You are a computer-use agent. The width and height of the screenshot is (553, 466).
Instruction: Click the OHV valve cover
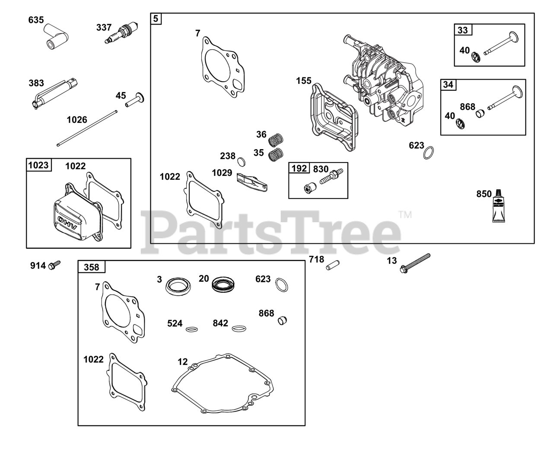[76, 217]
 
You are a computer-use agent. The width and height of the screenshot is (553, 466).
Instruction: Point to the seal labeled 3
[178, 286]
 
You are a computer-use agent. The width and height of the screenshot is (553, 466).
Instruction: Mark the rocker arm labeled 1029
[253, 181]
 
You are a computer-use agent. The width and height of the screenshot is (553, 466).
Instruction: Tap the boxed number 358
[91, 267]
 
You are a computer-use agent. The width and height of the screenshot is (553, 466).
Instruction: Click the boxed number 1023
[38, 165]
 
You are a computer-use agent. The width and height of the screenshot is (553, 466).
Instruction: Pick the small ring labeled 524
[192, 329]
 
